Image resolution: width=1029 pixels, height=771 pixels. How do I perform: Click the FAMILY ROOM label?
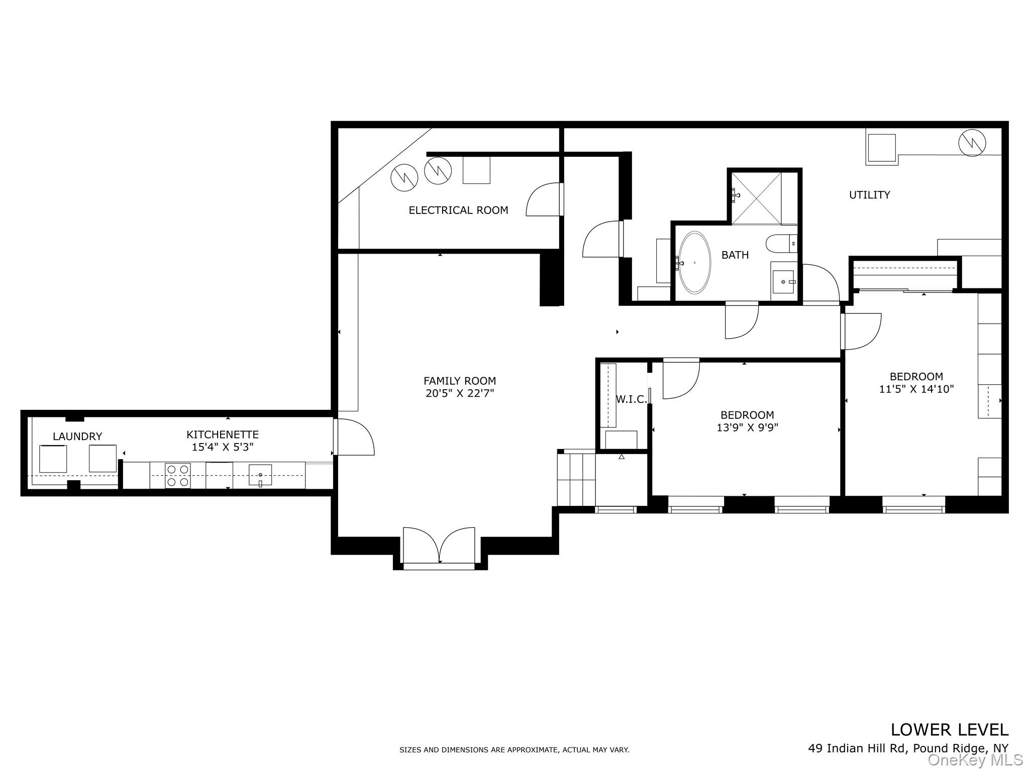tap(459, 381)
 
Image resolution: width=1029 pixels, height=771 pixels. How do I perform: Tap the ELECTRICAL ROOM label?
tap(458, 210)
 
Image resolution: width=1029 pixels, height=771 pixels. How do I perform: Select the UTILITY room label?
tap(869, 195)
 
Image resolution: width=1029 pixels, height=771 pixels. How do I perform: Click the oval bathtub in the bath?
tap(694, 262)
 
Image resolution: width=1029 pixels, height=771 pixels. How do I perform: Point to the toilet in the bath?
tap(781, 244)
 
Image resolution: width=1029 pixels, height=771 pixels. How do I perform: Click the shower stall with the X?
tap(756, 198)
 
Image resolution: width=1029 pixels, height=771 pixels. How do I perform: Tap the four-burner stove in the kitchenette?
tap(178, 476)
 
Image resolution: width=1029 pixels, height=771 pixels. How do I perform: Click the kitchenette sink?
tap(260, 475)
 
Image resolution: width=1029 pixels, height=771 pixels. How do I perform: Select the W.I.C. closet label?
tap(631, 399)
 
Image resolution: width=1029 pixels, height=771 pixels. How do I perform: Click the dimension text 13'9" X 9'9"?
tap(747, 428)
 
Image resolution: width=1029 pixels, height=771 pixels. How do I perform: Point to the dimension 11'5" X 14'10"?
tap(916, 389)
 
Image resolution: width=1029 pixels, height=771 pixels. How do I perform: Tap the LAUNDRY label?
tap(77, 436)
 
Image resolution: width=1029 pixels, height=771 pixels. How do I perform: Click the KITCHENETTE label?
tap(223, 434)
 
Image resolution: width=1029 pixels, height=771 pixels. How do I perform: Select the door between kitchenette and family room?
tap(353, 437)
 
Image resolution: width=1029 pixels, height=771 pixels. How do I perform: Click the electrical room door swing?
tap(544, 199)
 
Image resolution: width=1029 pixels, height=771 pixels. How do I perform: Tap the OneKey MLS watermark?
tap(975, 760)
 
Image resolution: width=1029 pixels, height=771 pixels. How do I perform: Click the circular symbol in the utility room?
tap(972, 143)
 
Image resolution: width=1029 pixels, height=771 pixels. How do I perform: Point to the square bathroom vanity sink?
tap(783, 282)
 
